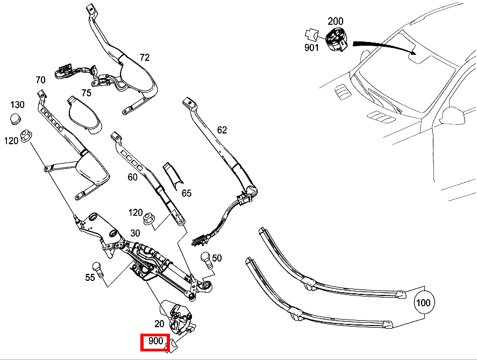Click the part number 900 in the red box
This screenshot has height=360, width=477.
tap(155, 341)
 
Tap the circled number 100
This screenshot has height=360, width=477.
tap(423, 302)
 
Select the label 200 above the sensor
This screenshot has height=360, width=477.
tap(335, 22)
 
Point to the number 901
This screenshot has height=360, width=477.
tap(311, 47)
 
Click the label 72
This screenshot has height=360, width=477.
tap(145, 57)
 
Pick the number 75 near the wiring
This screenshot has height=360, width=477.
tap(87, 93)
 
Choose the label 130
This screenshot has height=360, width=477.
tap(17, 105)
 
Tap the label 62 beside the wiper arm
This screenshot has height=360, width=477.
tap(222, 130)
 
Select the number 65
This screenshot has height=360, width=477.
tap(187, 193)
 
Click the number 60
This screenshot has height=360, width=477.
tap(133, 177)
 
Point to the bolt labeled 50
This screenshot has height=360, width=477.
tap(207, 260)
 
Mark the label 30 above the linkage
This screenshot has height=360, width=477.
tap(135, 233)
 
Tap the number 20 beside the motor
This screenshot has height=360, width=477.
tap(159, 323)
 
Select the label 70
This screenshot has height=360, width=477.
tap(40, 80)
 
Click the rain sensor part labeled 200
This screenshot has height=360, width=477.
tap(337, 39)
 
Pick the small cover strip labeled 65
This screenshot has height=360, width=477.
tap(173, 176)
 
